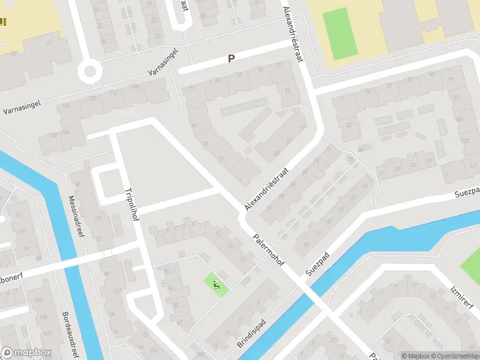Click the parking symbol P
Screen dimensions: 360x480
point(230,59)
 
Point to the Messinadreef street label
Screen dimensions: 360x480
point(76,216)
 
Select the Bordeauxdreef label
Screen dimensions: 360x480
point(70,334)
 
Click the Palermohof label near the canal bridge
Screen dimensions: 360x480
point(268,251)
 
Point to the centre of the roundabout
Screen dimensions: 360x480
point(90,73)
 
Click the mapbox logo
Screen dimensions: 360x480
point(26,353)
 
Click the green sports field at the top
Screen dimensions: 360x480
point(340,34)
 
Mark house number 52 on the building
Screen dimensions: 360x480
point(348,124)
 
